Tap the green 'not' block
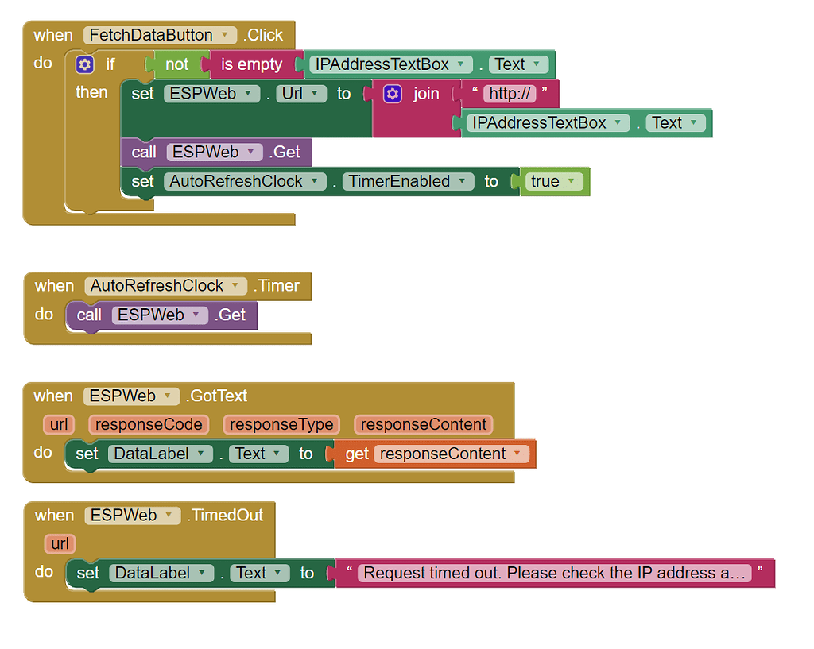(176, 64)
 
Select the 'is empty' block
(251, 64)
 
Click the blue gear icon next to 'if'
(85, 64)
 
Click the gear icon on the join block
(393, 94)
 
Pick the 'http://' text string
(510, 94)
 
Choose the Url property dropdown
(301, 94)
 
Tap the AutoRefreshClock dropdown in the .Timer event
(167, 286)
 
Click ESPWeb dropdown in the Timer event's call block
(160, 315)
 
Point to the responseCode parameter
(149, 424)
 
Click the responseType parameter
(281, 424)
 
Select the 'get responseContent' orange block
(435, 454)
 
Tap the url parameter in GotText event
(59, 424)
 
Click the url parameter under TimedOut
(60, 543)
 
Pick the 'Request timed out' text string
(554, 573)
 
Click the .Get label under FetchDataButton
(285, 152)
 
